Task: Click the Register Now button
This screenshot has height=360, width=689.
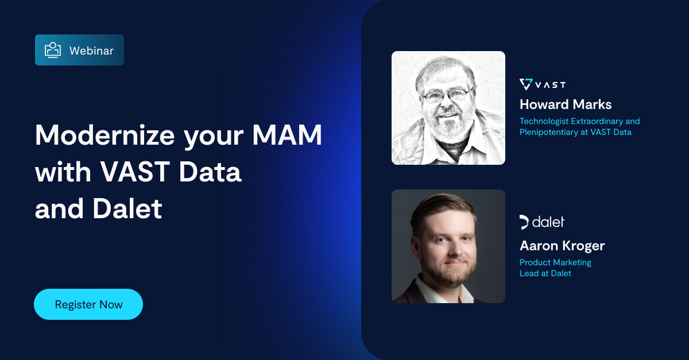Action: (88, 304)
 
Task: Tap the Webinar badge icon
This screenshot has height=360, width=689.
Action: (53, 50)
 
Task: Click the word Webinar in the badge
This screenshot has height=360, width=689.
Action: (91, 51)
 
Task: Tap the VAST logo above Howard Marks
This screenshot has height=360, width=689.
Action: (543, 84)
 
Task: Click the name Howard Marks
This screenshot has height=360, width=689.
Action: (566, 104)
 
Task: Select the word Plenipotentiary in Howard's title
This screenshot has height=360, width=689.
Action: (549, 132)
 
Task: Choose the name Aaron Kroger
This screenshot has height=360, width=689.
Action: (562, 246)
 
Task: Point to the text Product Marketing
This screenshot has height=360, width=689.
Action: (555, 262)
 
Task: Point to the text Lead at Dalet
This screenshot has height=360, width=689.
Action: (545, 273)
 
